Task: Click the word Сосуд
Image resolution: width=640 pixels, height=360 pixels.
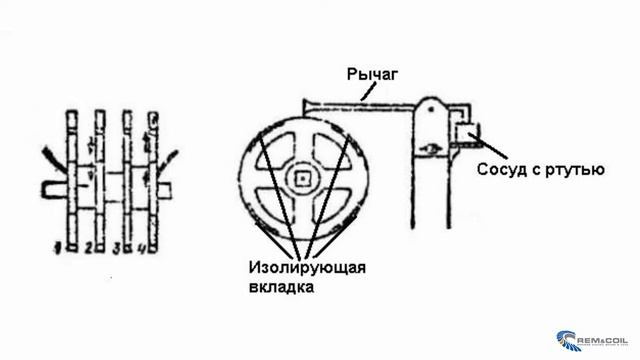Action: point(500,169)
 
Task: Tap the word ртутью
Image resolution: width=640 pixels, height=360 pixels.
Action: point(574,169)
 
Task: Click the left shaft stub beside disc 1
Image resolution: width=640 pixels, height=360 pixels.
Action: point(46,186)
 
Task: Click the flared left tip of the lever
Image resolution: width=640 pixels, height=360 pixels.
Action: point(306,102)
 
